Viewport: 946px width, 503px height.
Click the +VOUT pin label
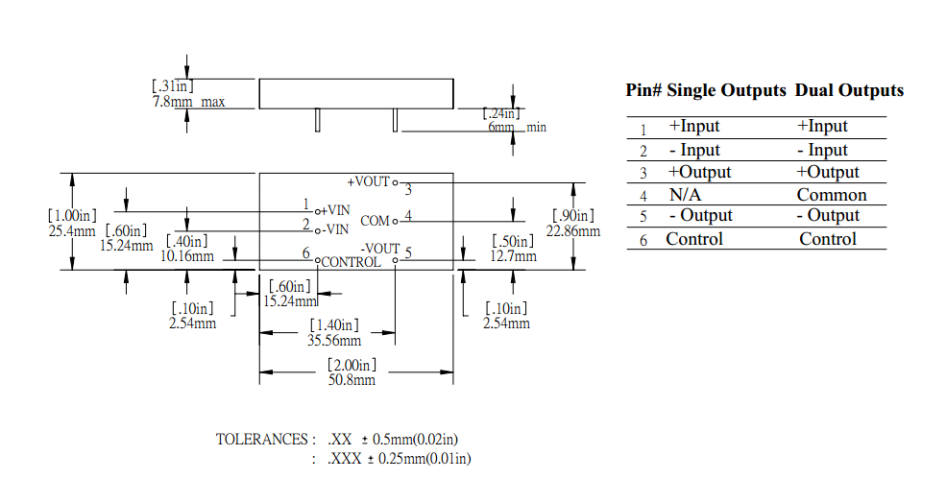(x=368, y=181)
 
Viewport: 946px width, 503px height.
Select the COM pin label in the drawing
(x=375, y=222)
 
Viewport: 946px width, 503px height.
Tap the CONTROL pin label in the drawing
(x=351, y=262)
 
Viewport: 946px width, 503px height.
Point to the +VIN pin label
(x=336, y=210)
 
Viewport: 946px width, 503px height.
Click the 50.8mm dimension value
(x=351, y=380)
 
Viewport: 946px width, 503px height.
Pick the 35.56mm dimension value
(x=333, y=340)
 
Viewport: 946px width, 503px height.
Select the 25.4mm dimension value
(x=71, y=230)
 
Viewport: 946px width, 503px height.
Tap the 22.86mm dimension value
(x=573, y=230)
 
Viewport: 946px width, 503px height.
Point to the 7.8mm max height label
(x=188, y=102)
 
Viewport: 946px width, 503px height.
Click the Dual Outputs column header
(x=849, y=90)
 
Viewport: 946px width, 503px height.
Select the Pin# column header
(x=643, y=90)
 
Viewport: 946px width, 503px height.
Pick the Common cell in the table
(x=831, y=195)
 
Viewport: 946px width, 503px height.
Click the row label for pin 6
(x=643, y=240)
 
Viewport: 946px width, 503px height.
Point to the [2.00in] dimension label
(x=351, y=365)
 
